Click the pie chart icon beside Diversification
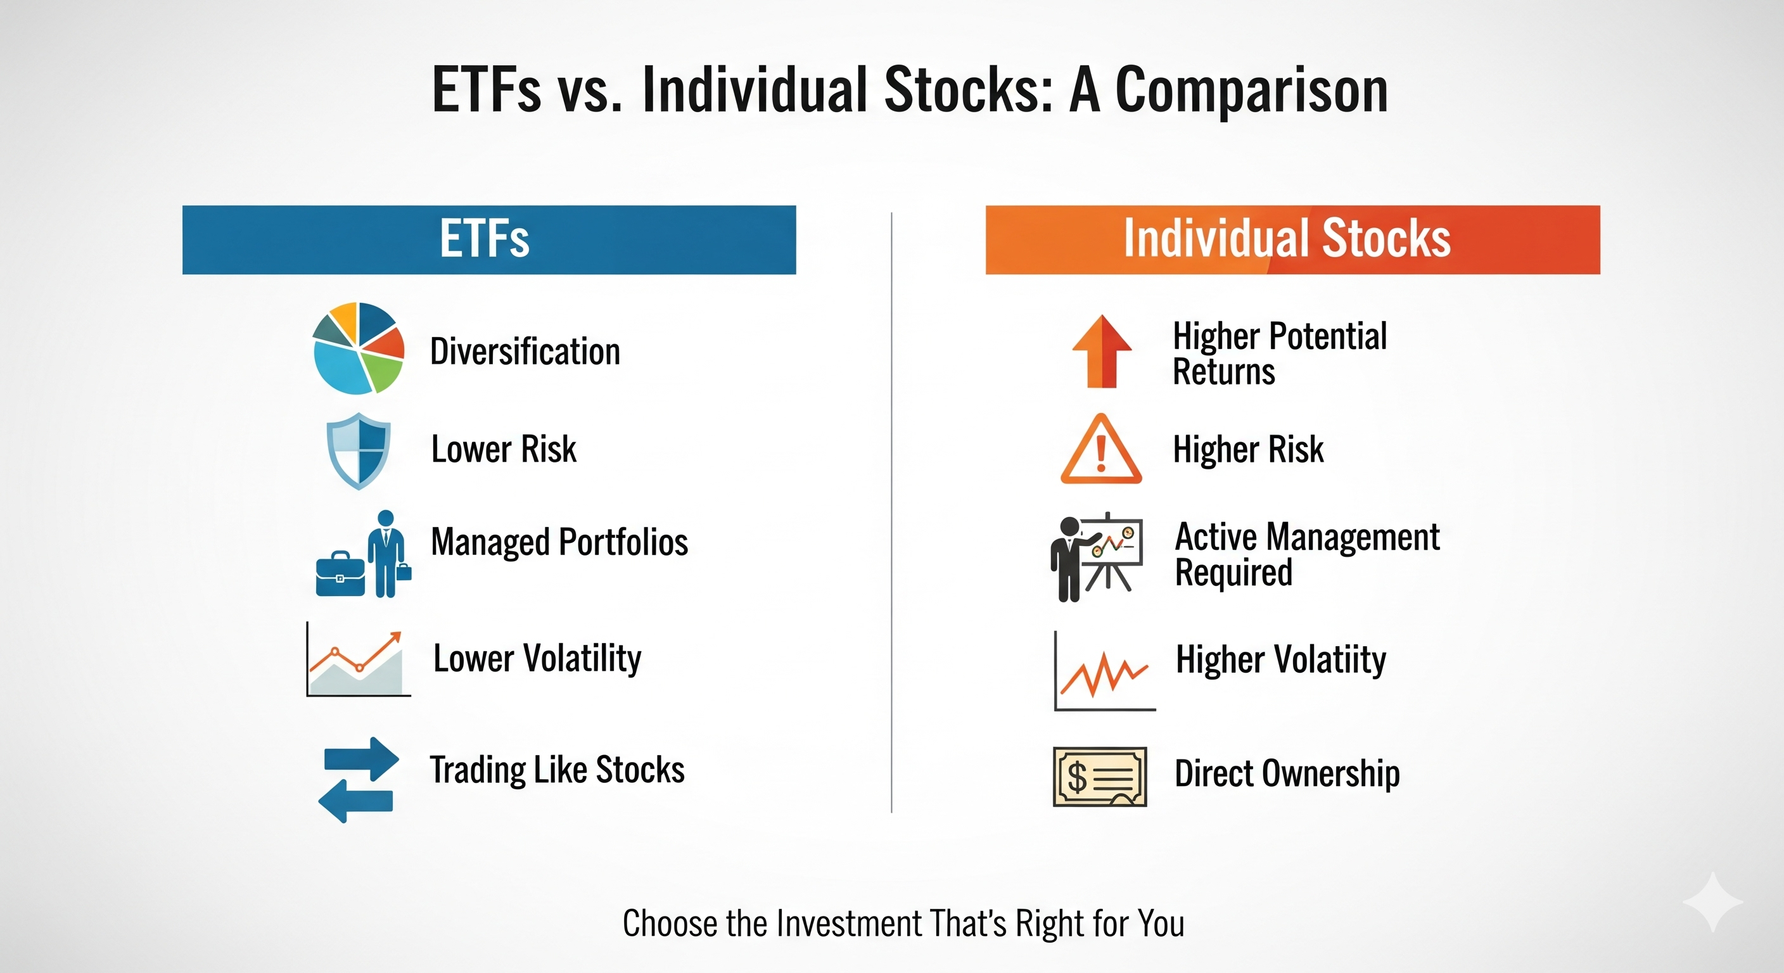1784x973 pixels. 358,348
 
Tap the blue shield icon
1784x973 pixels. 358,451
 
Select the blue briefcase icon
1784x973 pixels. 340,574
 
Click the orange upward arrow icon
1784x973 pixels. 1102,351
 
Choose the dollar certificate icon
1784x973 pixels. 1100,777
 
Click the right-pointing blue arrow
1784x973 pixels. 362,759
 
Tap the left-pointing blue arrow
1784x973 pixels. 355,801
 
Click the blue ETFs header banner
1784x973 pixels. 489,239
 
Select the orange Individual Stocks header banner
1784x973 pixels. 1293,239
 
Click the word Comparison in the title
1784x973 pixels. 1251,90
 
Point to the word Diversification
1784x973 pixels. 525,351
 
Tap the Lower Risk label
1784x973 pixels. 504,448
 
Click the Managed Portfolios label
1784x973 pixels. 559,542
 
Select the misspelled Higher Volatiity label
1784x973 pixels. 1281,659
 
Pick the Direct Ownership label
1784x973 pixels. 1287,773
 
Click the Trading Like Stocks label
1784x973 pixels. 557,770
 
